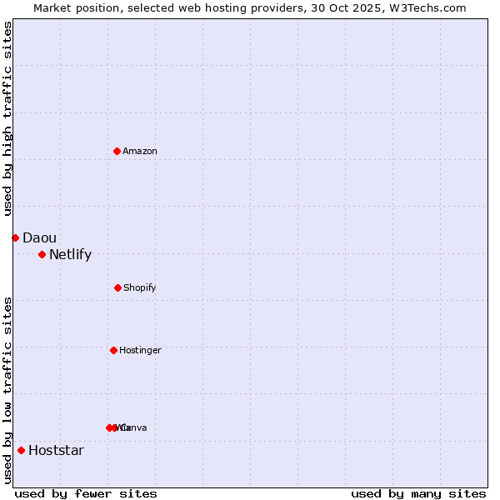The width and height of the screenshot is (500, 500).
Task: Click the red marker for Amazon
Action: (117, 151)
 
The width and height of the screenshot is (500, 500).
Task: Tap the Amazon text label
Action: (140, 152)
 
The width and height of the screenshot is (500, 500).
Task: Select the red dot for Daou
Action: (15, 237)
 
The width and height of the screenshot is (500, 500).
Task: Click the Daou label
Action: (39, 238)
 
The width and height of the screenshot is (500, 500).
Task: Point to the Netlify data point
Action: (42, 254)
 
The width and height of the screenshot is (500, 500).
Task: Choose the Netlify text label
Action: (70, 255)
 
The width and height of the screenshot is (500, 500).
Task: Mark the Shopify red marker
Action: (117, 287)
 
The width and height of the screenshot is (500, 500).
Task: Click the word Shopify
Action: (140, 288)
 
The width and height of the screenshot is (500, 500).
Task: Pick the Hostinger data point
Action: (113, 350)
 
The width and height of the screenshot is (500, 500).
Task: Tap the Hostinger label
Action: (140, 351)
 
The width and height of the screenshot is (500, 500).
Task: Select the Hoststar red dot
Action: (21, 450)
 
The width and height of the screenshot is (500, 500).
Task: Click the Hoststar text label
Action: (56, 451)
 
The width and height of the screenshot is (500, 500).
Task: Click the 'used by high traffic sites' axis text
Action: (8, 117)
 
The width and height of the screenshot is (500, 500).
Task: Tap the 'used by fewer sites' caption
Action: (86, 493)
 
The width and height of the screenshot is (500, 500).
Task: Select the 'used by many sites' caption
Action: (418, 493)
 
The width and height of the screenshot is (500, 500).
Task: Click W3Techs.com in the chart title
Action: (426, 7)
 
